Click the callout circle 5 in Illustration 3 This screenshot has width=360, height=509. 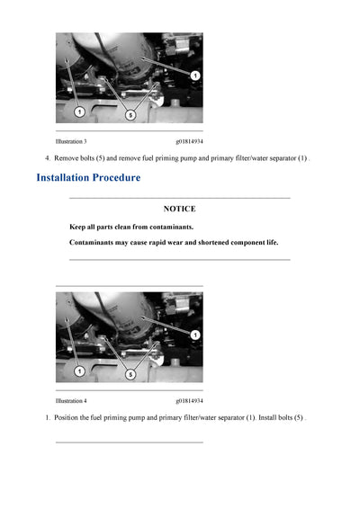[131, 114]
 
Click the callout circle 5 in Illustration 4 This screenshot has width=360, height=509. [131, 373]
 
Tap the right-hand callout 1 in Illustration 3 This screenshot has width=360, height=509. [195, 76]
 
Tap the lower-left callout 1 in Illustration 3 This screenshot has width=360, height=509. [79, 112]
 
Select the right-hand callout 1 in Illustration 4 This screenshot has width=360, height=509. [195, 335]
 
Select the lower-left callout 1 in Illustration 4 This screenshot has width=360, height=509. [79, 371]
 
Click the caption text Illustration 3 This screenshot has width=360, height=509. [71, 141]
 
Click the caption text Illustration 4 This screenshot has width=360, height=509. [71, 400]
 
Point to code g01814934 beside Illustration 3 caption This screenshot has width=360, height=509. [189, 141]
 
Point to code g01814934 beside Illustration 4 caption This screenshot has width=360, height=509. [189, 400]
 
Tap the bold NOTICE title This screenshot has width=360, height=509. [179, 209]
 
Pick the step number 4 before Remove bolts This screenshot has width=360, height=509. [47, 158]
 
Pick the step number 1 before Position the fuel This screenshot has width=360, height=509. [47, 417]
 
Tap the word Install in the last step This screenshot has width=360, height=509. [270, 417]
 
